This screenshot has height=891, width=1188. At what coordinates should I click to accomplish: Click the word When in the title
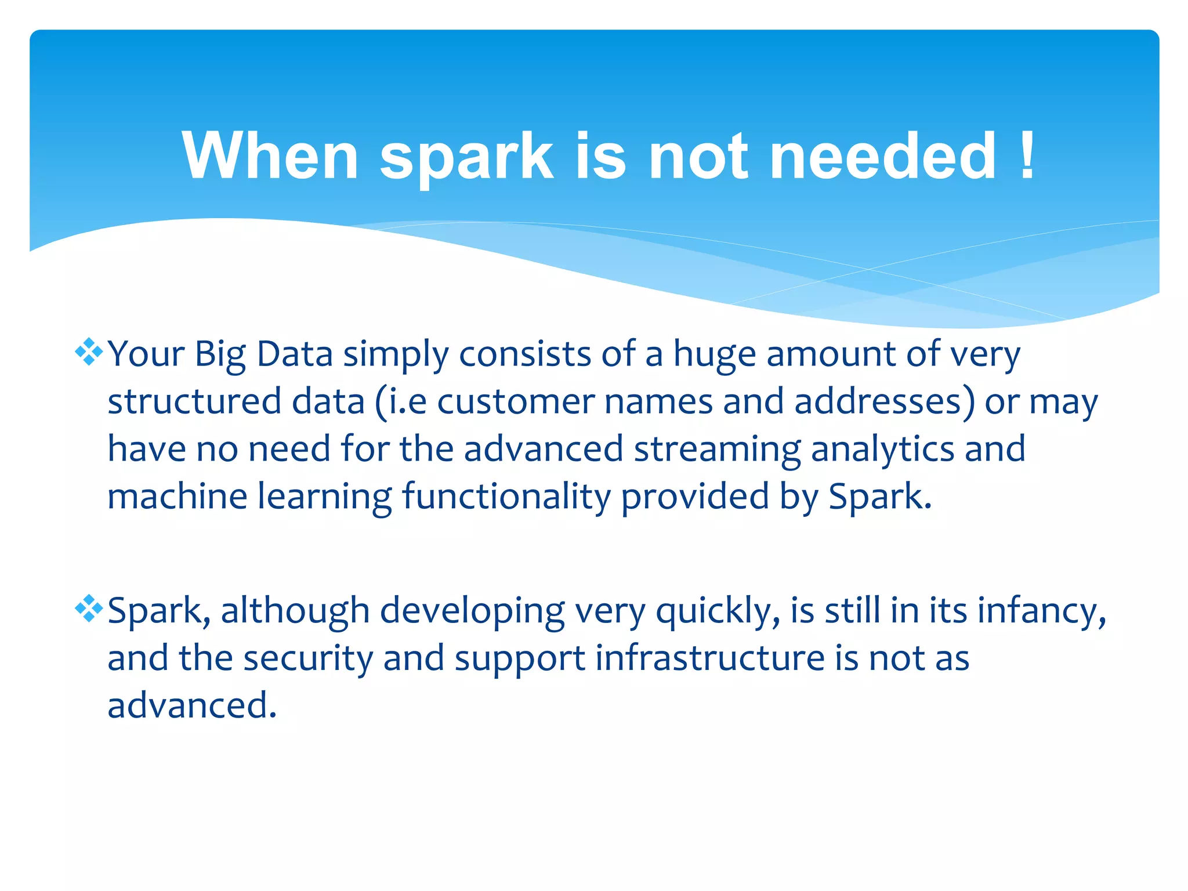270,155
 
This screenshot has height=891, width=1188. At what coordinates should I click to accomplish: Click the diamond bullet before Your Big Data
89,352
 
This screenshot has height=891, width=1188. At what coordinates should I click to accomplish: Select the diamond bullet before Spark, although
89,609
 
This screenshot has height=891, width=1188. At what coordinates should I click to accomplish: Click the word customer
515,401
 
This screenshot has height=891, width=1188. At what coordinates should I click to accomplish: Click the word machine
178,497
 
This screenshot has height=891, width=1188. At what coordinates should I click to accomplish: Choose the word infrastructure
709,658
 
